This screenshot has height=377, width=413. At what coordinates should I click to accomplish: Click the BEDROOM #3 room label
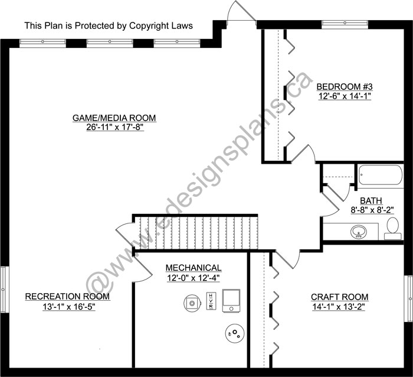345,86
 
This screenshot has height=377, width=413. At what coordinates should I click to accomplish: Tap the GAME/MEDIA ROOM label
114,118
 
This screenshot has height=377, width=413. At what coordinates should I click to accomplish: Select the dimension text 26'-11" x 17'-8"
114,127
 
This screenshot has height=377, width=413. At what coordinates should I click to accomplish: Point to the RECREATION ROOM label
67,297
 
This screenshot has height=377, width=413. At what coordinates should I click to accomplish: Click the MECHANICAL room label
194,268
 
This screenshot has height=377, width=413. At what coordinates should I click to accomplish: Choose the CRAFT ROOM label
339,297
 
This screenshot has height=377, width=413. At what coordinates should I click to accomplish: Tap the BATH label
371,201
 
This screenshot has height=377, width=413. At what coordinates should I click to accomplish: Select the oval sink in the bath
359,232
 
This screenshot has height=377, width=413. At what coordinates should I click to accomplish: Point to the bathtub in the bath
381,175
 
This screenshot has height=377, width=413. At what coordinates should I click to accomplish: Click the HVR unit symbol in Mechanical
211,301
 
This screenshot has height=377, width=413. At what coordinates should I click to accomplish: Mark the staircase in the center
195,232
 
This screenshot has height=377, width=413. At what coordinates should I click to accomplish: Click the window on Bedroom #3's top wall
345,24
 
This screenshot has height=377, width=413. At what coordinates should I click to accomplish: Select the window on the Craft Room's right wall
408,298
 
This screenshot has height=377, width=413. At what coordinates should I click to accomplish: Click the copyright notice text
109,25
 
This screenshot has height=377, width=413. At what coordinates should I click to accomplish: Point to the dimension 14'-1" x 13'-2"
339,307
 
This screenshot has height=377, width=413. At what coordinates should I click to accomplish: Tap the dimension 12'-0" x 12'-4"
194,278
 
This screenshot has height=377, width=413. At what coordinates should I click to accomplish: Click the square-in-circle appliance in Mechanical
192,303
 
